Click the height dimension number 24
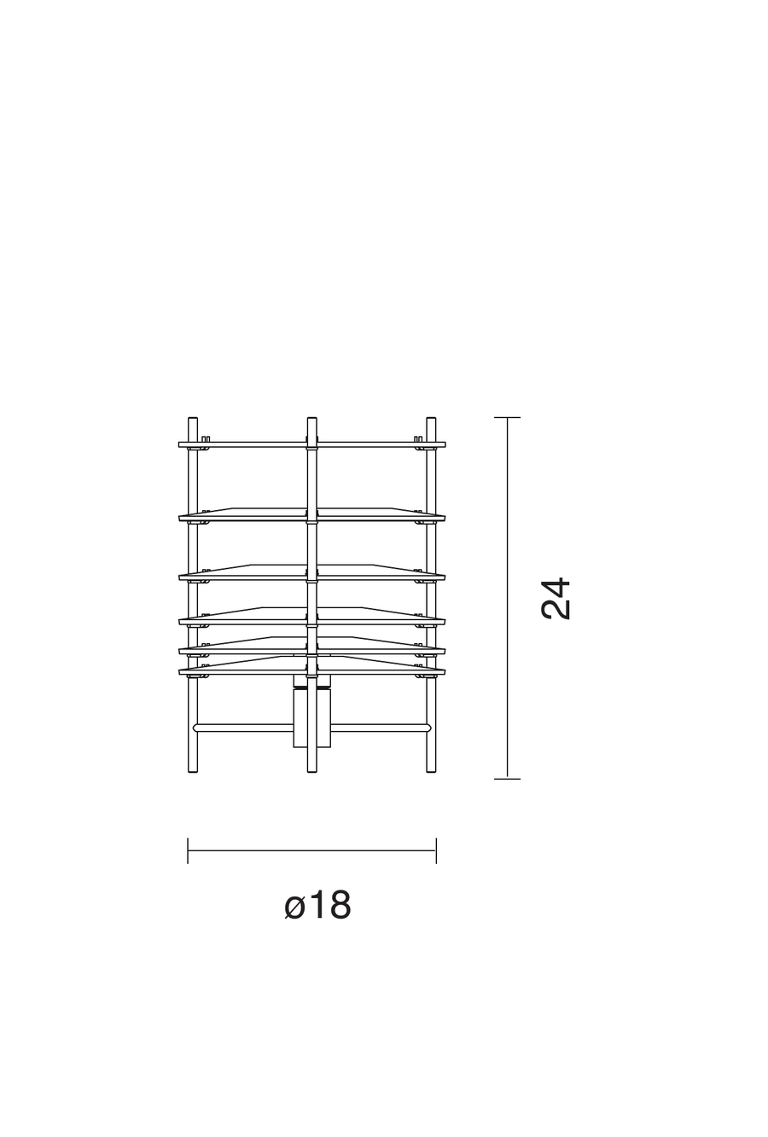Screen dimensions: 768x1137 click(556, 598)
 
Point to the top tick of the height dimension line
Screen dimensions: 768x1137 click(507, 418)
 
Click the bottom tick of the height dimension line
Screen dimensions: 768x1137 click(507, 778)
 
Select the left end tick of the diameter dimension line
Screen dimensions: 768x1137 click(188, 850)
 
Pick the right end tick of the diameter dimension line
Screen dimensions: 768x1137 click(436, 850)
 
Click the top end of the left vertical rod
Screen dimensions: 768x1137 click(193, 420)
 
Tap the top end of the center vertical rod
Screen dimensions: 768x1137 click(311, 420)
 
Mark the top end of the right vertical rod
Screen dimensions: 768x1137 click(431, 420)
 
